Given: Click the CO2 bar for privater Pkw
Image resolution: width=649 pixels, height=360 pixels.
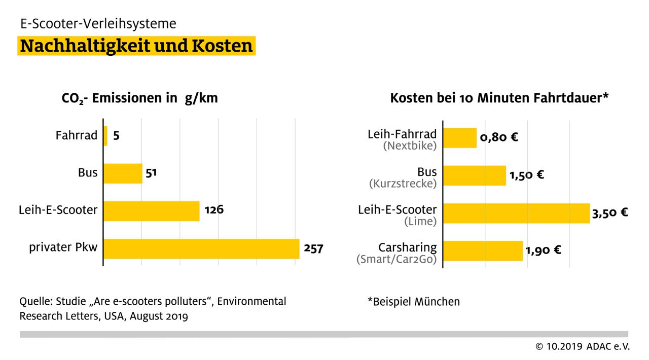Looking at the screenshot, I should (201, 248).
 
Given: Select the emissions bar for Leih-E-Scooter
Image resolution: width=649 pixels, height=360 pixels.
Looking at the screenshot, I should (151, 211).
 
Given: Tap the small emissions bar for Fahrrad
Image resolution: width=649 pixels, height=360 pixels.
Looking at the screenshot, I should (105, 136).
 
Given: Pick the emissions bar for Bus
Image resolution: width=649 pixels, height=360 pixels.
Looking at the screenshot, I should (123, 173).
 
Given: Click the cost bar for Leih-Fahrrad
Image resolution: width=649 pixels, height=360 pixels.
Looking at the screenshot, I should (460, 138).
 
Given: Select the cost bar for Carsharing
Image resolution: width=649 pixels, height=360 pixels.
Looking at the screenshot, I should (483, 250).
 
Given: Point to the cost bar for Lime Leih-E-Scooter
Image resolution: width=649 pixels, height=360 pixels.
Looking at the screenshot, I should (516, 213).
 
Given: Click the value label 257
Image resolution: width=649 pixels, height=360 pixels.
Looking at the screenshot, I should (313, 248).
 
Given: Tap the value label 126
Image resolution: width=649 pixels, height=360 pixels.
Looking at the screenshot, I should (214, 210).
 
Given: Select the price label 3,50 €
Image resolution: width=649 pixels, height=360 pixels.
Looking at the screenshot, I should (609, 213).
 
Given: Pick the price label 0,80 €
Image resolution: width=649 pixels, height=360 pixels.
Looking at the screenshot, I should (499, 137).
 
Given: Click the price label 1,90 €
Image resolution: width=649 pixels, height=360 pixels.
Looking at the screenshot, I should (543, 250).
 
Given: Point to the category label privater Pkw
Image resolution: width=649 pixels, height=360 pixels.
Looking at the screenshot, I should (63, 248).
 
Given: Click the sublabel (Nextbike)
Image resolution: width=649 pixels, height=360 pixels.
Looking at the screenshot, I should (409, 146).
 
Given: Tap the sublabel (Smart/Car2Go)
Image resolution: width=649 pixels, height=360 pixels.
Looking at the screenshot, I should (396, 259).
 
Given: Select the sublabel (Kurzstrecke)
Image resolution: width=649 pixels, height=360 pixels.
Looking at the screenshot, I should (403, 184).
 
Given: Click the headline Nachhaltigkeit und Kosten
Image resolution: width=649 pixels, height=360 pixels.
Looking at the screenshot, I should (136, 46).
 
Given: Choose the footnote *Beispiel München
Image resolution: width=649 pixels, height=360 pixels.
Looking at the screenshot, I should (413, 302).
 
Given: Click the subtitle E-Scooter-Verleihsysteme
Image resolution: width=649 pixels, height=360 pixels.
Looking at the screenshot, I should (98, 23).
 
